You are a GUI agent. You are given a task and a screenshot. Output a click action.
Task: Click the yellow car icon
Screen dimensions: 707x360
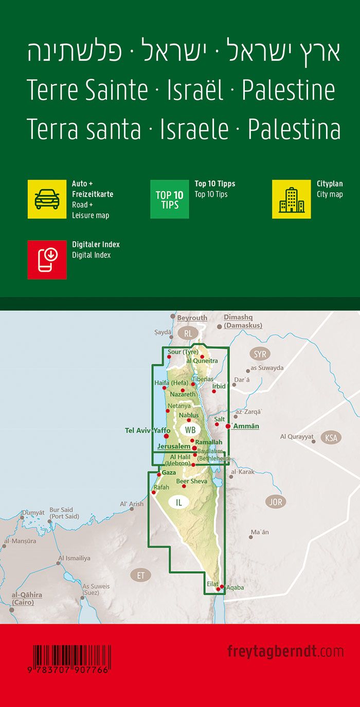[47, 199]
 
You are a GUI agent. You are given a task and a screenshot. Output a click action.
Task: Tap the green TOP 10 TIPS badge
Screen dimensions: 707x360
[169, 199]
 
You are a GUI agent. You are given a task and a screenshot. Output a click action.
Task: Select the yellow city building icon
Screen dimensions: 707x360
[292, 199]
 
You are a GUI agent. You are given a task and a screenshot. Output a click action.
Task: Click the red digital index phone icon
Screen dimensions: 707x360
[47, 259]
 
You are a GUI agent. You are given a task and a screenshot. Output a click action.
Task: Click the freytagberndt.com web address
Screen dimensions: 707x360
[285, 651]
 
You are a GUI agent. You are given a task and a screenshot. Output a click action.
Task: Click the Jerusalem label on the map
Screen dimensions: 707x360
[174, 447]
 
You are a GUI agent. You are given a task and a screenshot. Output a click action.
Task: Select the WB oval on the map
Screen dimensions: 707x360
[190, 430]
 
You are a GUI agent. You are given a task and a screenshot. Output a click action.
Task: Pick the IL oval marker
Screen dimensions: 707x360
[179, 502]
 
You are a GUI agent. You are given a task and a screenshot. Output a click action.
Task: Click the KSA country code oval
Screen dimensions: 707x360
[331, 438]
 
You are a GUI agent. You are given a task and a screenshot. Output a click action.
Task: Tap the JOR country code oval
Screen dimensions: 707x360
[276, 502]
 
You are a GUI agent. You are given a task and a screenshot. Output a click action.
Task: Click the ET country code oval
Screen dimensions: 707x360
[141, 575]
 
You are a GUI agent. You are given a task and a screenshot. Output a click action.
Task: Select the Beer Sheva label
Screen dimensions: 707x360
[191, 481]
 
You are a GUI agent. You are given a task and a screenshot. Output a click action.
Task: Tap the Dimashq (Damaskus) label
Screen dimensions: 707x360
[243, 322]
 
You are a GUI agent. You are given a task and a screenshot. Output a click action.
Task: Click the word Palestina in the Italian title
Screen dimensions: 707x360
[294, 130]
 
